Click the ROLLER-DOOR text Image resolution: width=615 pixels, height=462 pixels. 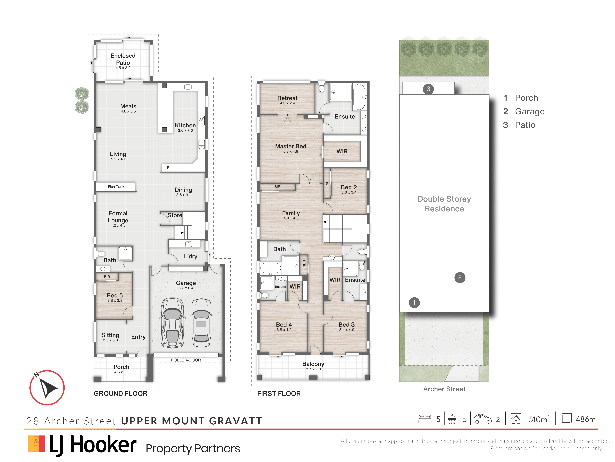point(186,360)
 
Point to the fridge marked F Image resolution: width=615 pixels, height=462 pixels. point(168,168)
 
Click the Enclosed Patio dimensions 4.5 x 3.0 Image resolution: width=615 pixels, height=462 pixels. point(123,68)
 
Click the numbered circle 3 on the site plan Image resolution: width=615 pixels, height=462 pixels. point(428,89)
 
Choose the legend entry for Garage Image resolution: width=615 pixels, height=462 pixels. point(524,111)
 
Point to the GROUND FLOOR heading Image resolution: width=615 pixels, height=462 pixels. point(120,394)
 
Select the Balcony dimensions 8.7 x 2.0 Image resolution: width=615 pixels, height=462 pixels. point(313,369)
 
